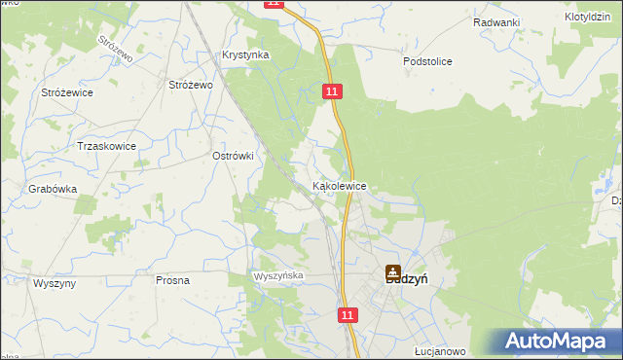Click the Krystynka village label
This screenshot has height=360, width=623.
244,55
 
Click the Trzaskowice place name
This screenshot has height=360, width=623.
106,146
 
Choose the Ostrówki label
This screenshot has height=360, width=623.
233,156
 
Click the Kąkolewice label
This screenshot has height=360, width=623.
339,185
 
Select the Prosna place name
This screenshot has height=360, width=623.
172,280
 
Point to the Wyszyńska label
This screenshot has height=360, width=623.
279,276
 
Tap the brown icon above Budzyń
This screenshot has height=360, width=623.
392,273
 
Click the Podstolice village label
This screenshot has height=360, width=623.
428,61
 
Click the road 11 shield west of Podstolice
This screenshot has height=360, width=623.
333,90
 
